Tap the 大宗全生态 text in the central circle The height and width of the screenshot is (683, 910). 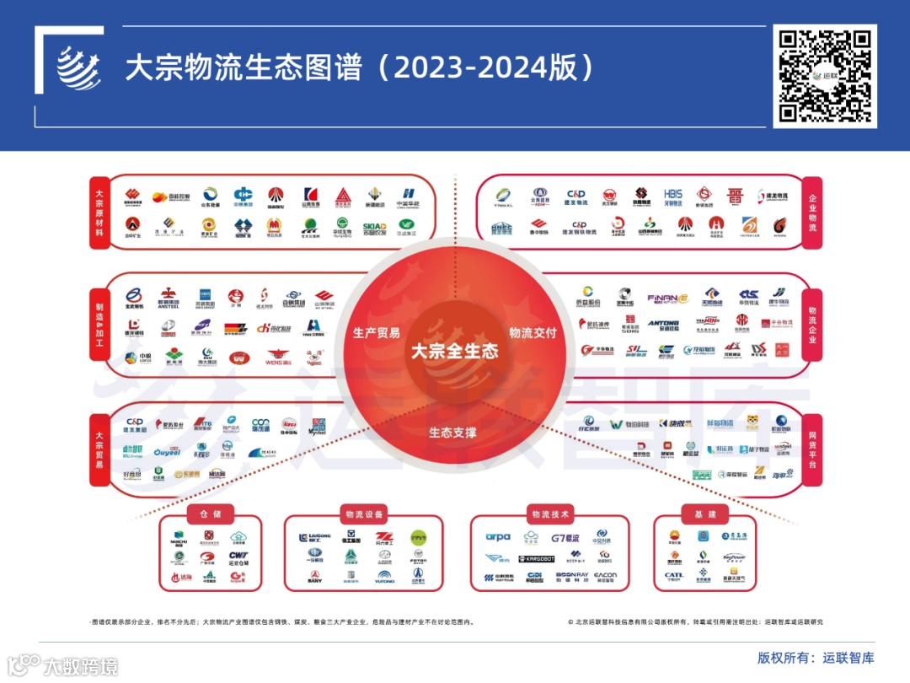click(x=454, y=352)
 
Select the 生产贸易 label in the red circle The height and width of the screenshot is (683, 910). click(x=377, y=332)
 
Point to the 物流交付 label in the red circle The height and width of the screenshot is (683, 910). click(x=533, y=332)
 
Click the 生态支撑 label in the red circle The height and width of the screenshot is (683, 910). click(x=452, y=433)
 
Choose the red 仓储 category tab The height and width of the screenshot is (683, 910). click(x=210, y=514)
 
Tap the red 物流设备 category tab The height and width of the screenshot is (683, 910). click(x=365, y=514)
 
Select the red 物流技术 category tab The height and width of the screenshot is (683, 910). click(x=550, y=514)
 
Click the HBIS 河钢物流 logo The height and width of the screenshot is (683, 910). click(x=673, y=198)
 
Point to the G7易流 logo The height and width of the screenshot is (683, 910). click(x=565, y=537)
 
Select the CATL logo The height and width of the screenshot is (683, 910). click(x=674, y=577)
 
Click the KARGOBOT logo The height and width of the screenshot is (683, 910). click(x=535, y=558)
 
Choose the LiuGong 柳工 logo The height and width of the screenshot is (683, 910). click(x=314, y=537)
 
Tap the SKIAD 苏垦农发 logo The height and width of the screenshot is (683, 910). click(x=374, y=227)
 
